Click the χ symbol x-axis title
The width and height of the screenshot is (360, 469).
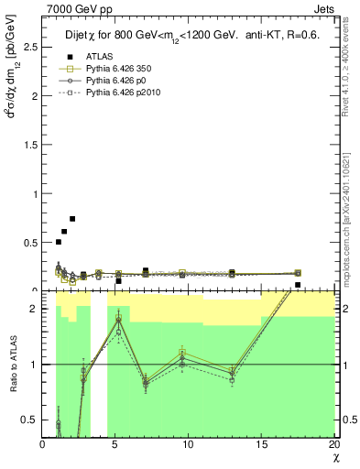(x=335, y=457)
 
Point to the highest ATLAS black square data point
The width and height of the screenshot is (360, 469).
(x=72, y=219)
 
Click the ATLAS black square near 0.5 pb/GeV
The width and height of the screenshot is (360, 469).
(x=59, y=242)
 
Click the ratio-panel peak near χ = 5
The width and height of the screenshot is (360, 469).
(x=118, y=319)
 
